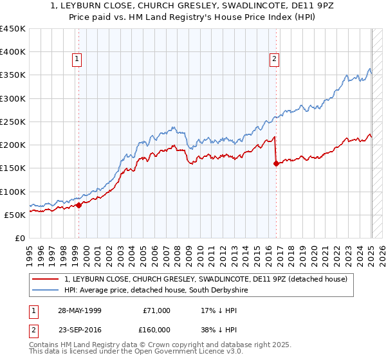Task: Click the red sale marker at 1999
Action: coord(78,205)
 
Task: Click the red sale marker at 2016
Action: coord(276,164)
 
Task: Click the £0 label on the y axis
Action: coord(19,238)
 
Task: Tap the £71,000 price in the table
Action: coord(156,310)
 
